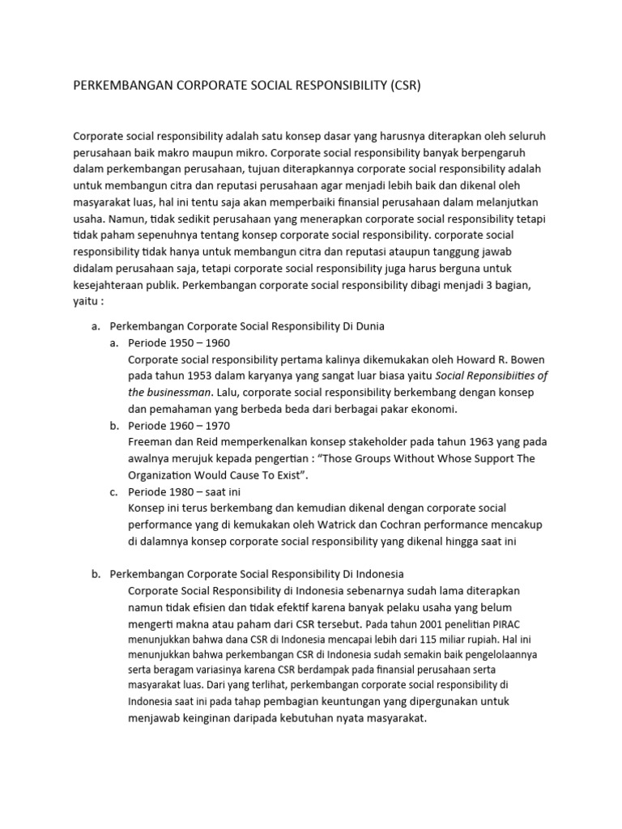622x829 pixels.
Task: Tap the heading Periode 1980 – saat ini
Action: coord(183,492)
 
